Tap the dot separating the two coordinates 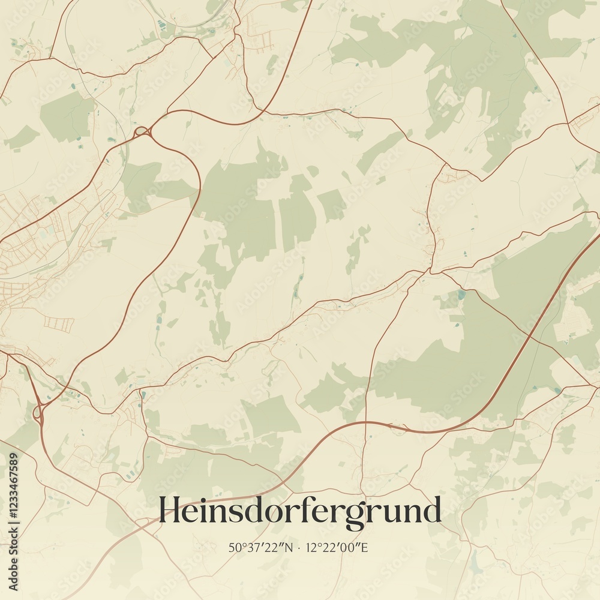tap(300, 548)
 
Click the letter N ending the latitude tap(290, 547)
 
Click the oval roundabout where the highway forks tap(142, 131)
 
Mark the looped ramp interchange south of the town tap(40, 413)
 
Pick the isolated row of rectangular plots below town tap(58, 323)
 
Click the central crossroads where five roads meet tap(427, 271)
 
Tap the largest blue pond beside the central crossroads tap(460, 295)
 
